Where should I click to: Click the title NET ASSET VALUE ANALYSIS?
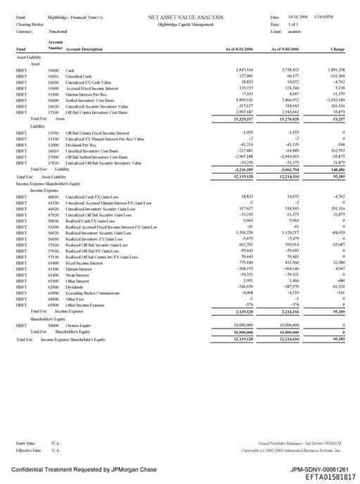(x=186, y=15)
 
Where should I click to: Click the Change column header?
(x=337, y=49)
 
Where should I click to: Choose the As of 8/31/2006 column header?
(x=239, y=49)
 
